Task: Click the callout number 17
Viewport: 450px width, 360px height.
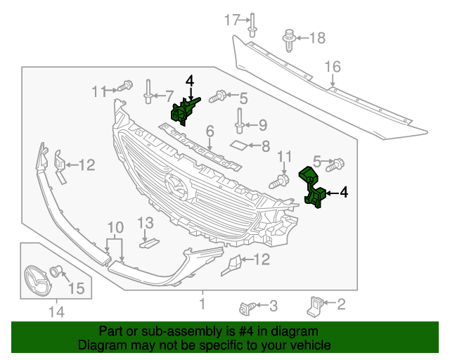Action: (x=232, y=20)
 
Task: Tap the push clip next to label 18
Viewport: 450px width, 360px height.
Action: (x=289, y=39)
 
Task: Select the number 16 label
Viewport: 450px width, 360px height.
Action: (x=332, y=67)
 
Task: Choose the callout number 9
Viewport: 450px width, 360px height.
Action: (x=262, y=125)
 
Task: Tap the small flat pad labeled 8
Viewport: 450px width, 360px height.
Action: (x=240, y=146)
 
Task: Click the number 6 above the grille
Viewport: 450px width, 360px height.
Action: (x=210, y=131)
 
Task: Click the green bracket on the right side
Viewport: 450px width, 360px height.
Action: (x=314, y=188)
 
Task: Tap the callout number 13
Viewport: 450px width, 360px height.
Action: (x=144, y=224)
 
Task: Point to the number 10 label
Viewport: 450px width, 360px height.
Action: (x=115, y=227)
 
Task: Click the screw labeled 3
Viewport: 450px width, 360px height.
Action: (x=247, y=307)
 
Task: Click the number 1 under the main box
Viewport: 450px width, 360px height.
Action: (x=202, y=304)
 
